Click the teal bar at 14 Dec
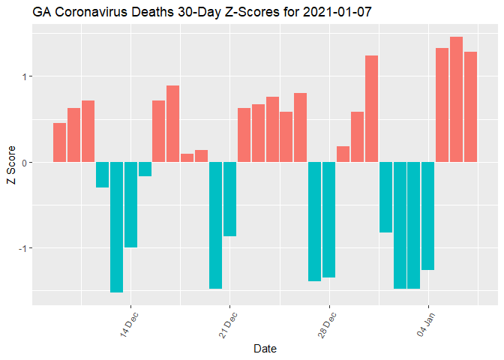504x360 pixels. (x=130, y=204)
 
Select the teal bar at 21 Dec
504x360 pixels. (x=229, y=199)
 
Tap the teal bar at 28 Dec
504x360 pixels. (x=328, y=220)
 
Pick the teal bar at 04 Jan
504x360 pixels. (x=427, y=215)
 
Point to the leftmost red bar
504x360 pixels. (x=59, y=142)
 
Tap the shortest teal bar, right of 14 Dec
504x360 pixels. (x=145, y=169)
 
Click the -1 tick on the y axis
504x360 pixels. (x=21, y=248)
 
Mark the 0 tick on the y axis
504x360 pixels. (x=23, y=163)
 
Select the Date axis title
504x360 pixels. (x=267, y=348)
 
